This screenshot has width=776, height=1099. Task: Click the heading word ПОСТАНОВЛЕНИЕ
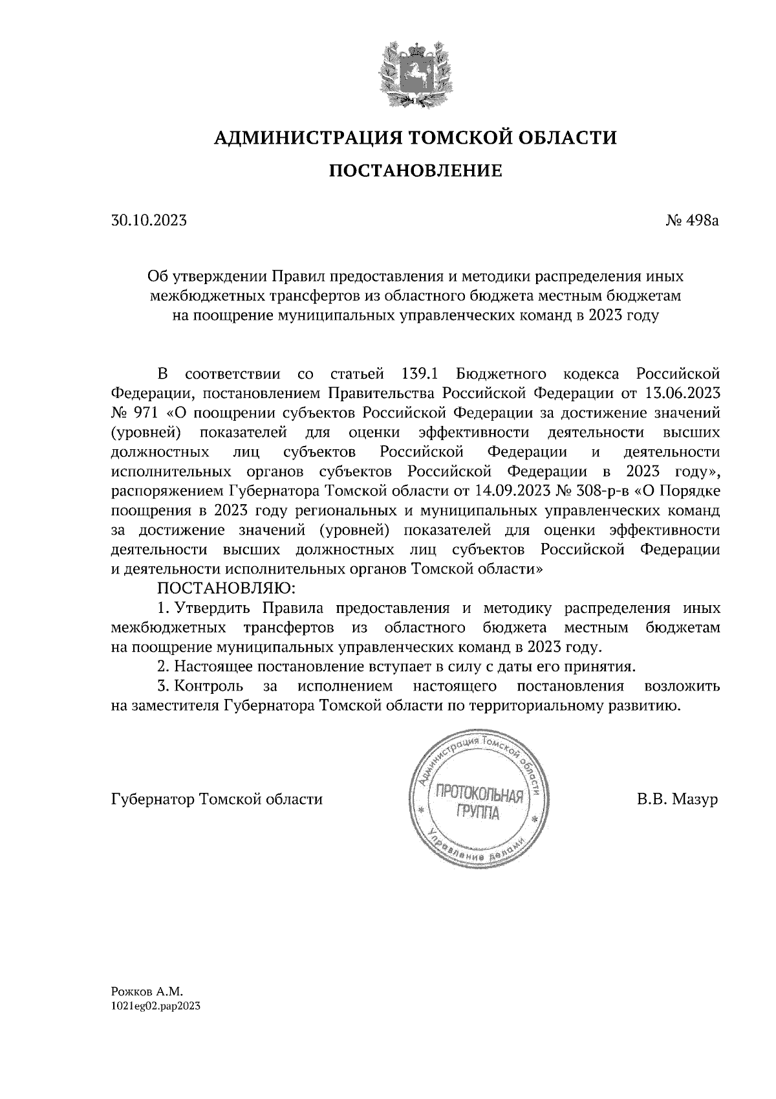coord(416,171)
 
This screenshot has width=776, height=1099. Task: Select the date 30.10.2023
coord(149,221)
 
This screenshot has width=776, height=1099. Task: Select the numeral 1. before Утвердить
coord(164,608)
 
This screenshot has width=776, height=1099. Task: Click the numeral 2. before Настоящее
coord(164,667)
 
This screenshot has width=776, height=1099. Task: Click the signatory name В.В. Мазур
coord(677,799)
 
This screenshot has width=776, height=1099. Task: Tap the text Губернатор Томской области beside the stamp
coord(217,799)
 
